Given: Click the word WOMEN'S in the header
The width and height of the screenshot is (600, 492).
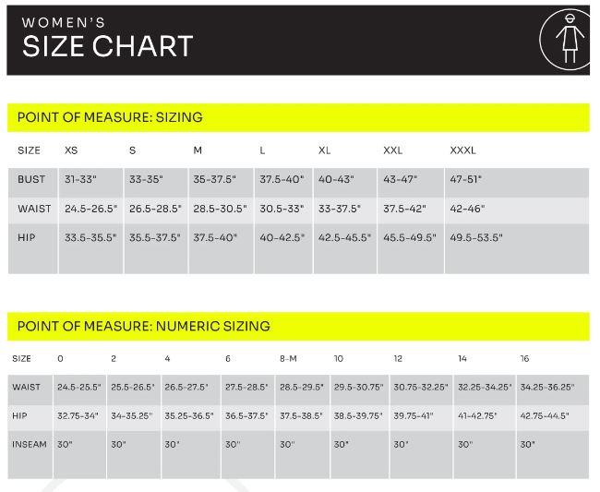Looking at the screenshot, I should click(x=64, y=21).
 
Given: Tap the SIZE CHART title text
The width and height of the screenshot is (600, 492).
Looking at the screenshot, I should click(x=107, y=46).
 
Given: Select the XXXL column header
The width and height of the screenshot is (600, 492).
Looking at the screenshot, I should click(x=462, y=150).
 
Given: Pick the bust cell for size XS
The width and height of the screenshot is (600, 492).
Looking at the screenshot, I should click(x=81, y=179).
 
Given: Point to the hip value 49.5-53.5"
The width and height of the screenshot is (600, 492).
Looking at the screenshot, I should click(x=475, y=237).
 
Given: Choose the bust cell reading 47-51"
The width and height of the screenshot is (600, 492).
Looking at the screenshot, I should click(x=465, y=179).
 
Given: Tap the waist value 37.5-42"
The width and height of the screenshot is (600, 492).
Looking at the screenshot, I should click(x=403, y=209).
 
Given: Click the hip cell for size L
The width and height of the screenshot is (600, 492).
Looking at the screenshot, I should click(x=281, y=237).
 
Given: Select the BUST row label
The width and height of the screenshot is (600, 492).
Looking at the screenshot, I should click(x=31, y=179).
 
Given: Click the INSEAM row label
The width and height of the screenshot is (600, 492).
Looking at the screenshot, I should click(x=30, y=444).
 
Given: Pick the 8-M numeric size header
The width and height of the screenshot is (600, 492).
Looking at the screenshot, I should click(x=288, y=358).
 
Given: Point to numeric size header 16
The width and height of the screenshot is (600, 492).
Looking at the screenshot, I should click(x=524, y=358).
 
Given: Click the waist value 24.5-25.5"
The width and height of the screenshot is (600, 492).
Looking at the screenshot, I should click(x=78, y=387).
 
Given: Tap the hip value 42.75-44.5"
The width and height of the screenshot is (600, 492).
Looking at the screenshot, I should click(x=546, y=416).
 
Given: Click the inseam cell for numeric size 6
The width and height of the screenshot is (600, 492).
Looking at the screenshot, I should click(x=232, y=444).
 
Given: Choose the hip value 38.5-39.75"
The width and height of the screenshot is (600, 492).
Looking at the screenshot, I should click(x=358, y=416).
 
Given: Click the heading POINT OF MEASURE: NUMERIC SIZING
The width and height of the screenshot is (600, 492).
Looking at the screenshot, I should click(x=144, y=326).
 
